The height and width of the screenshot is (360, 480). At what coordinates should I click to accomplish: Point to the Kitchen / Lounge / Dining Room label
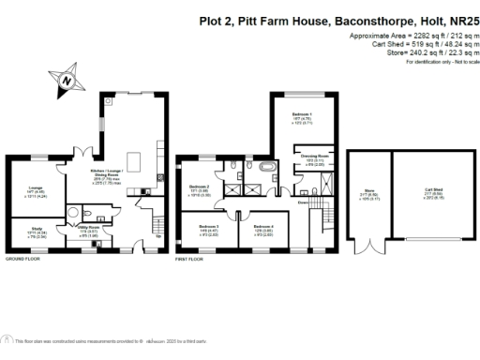coord(111,176)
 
